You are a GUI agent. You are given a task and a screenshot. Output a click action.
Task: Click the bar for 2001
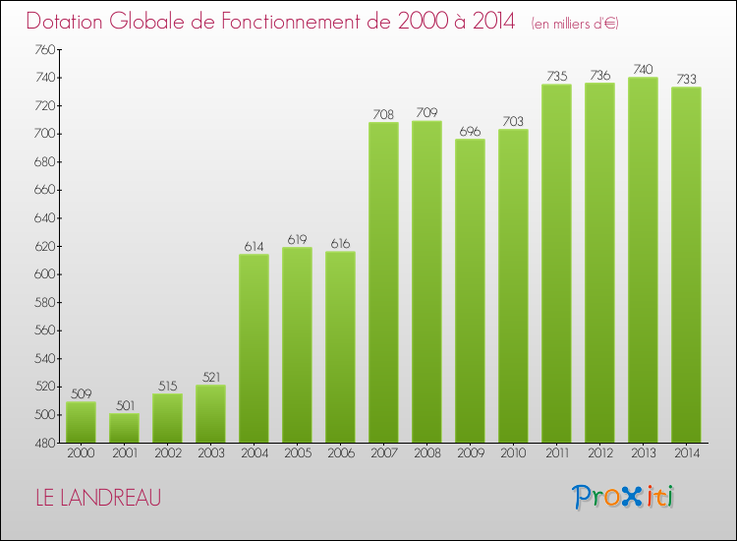tap(124, 428)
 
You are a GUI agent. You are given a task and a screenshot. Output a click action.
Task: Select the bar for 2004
tap(254, 348)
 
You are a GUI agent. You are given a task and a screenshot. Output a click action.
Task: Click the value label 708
tap(383, 115)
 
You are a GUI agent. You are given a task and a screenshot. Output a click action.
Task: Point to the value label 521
tap(210, 378)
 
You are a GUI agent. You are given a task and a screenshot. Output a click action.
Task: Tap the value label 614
tap(254, 247)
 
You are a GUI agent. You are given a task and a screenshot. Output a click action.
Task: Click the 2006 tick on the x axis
tap(340, 454)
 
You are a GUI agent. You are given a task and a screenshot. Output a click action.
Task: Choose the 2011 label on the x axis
tap(556, 454)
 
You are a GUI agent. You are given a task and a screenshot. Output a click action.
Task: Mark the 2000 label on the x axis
tap(81, 454)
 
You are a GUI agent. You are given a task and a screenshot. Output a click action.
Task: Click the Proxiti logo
tap(622, 497)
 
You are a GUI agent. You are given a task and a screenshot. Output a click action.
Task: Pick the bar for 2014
tap(686, 265)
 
